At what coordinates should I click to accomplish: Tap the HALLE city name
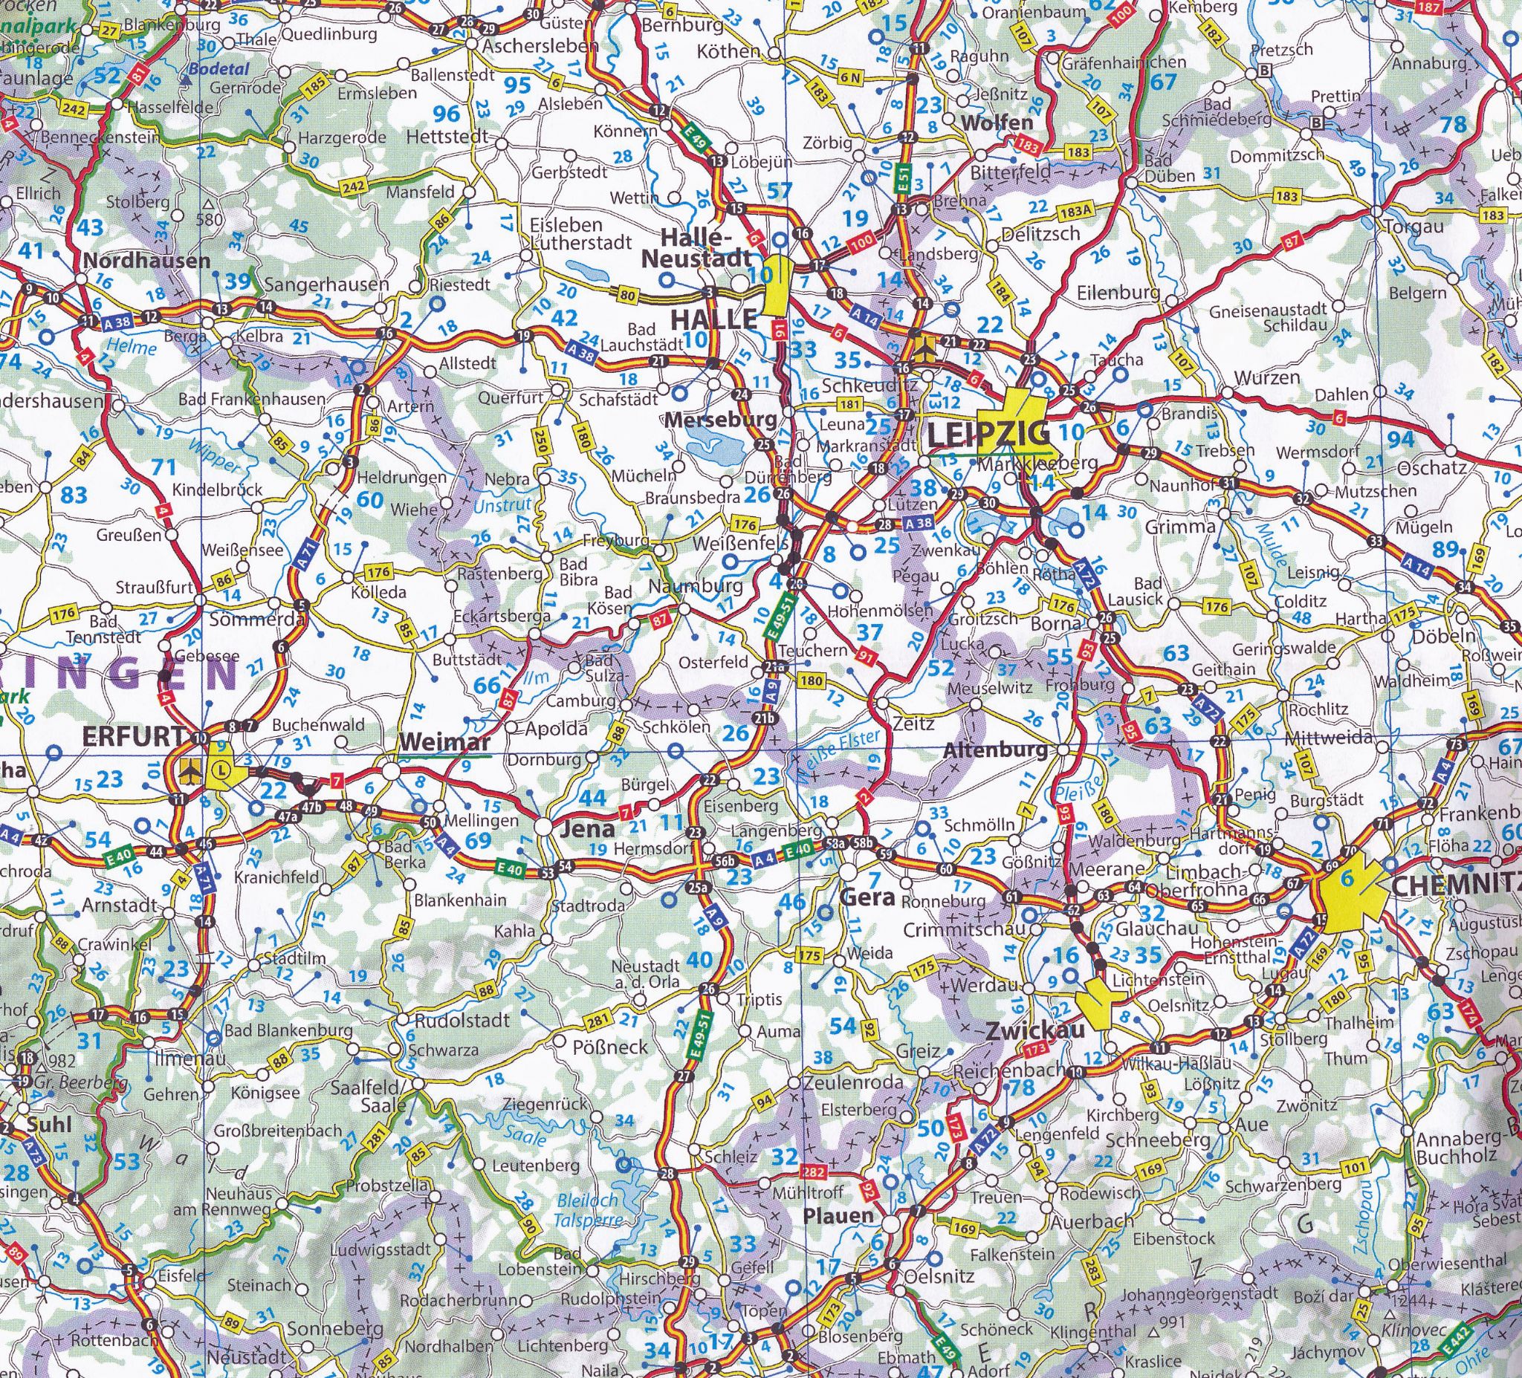[x=713, y=319]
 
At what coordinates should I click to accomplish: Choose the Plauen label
[x=839, y=1215]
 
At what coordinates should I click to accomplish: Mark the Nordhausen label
[x=146, y=261]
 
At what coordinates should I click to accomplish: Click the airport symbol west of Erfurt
[x=191, y=770]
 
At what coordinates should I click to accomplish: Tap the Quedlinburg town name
[x=329, y=34]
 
